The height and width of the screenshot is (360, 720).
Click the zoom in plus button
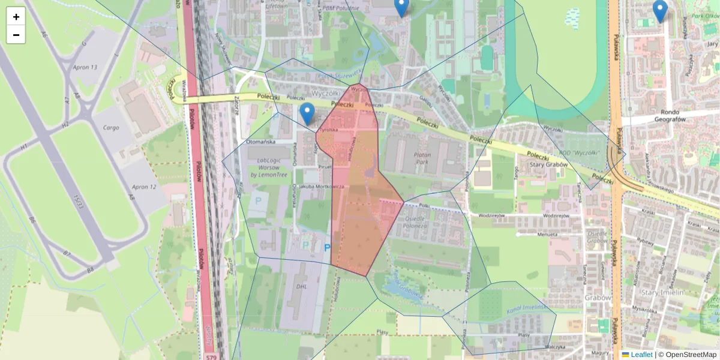click(x=16, y=17)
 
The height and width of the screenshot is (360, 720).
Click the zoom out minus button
click(x=16, y=35)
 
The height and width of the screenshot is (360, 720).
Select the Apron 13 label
click(x=85, y=67)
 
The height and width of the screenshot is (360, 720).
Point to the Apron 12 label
click(x=143, y=187)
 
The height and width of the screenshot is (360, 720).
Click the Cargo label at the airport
click(x=111, y=128)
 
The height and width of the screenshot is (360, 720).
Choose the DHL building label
click(x=301, y=286)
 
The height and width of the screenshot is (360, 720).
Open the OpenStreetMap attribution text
click(x=691, y=355)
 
